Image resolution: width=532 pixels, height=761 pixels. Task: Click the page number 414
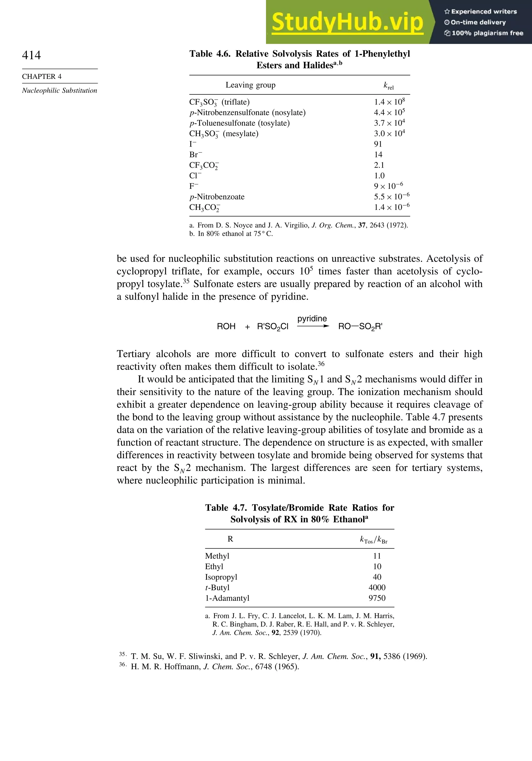[31, 55]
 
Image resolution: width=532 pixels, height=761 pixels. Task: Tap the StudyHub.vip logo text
[347, 22]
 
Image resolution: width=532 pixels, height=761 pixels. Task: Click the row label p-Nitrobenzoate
[217, 197]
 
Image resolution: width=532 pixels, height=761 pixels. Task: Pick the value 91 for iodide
[378, 144]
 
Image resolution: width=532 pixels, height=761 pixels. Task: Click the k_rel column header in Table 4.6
[388, 86]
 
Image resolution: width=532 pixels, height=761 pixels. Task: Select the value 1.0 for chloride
[379, 176]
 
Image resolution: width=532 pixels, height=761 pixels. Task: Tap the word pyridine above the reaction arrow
[312, 319]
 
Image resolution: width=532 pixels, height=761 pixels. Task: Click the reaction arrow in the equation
[313, 326]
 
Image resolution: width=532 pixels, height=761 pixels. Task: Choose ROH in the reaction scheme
[226, 326]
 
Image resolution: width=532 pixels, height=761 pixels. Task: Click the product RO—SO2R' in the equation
[360, 326]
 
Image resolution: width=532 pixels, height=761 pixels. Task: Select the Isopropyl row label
[221, 577]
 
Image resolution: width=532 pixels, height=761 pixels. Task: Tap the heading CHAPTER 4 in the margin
[42, 76]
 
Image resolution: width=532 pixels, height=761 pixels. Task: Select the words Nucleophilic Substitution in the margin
[59, 91]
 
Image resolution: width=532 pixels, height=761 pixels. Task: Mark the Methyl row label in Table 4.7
[217, 556]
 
